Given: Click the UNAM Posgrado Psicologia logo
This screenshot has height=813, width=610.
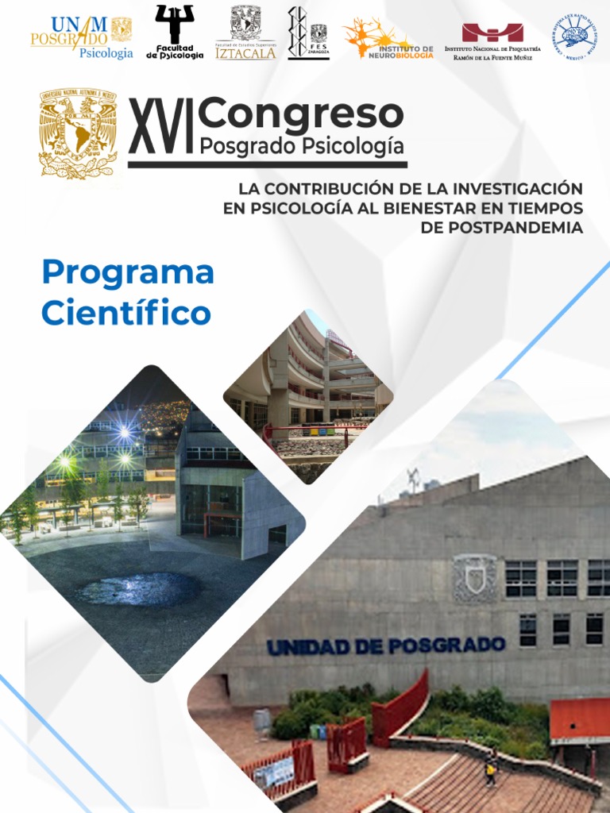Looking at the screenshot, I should pos(82,37).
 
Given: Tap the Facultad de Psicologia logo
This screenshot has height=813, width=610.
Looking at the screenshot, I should pos(175,33).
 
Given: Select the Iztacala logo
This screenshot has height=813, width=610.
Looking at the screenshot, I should pos(245,33).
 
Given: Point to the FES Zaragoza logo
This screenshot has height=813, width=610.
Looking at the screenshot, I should pos(308,33).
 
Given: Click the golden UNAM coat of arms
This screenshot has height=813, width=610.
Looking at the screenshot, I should pos(78,133).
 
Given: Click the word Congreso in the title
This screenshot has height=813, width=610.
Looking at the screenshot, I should pos(301,114).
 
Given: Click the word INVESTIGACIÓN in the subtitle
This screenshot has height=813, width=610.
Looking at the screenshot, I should pos(517,189).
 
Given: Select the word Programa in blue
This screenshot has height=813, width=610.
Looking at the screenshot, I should pos(128,272).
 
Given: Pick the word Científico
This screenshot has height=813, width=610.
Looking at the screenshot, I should pos(126,313).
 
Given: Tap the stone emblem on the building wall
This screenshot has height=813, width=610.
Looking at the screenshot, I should pos(474,577).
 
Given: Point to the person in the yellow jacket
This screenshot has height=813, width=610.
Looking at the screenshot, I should pos(492,766).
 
